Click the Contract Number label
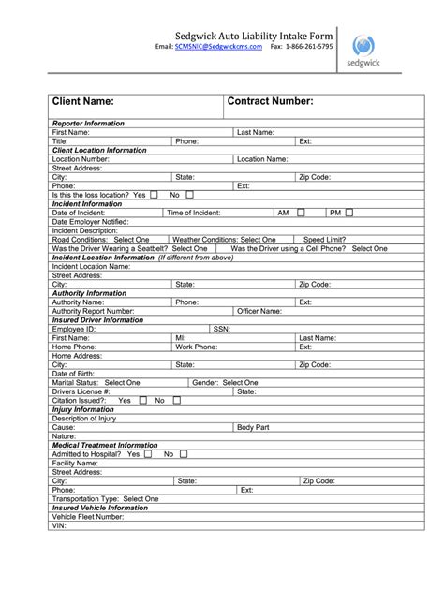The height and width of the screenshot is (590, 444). tap(271, 101)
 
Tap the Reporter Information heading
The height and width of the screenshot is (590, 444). tap(88, 124)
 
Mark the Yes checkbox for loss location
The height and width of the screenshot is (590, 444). tap(154, 195)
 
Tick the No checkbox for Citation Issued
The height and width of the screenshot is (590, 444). tap(177, 400)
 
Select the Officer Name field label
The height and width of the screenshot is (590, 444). tap(259, 311)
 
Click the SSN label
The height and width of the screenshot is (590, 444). tap(221, 329)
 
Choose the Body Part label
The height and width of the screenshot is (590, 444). tap(253, 427)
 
